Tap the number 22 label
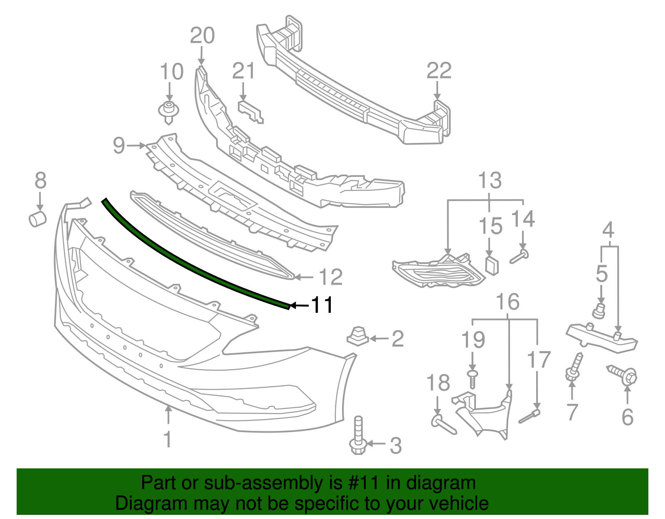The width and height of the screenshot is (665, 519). coord(439,71)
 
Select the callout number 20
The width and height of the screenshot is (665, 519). coord(202,36)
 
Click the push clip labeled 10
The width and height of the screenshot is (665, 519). coord(168,111)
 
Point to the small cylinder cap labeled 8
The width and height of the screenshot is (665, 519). coord(38,219)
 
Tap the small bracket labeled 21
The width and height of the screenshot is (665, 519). coord(251,111)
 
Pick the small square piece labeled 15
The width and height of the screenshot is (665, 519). coord(492,265)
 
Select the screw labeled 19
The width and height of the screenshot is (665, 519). coord(472,379)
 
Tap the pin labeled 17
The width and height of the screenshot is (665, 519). coord(530,417)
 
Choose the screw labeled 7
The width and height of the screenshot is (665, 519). coord(574,367)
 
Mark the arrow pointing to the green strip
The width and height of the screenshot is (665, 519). coord(299,305)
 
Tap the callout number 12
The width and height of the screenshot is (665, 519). coord(331,277)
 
